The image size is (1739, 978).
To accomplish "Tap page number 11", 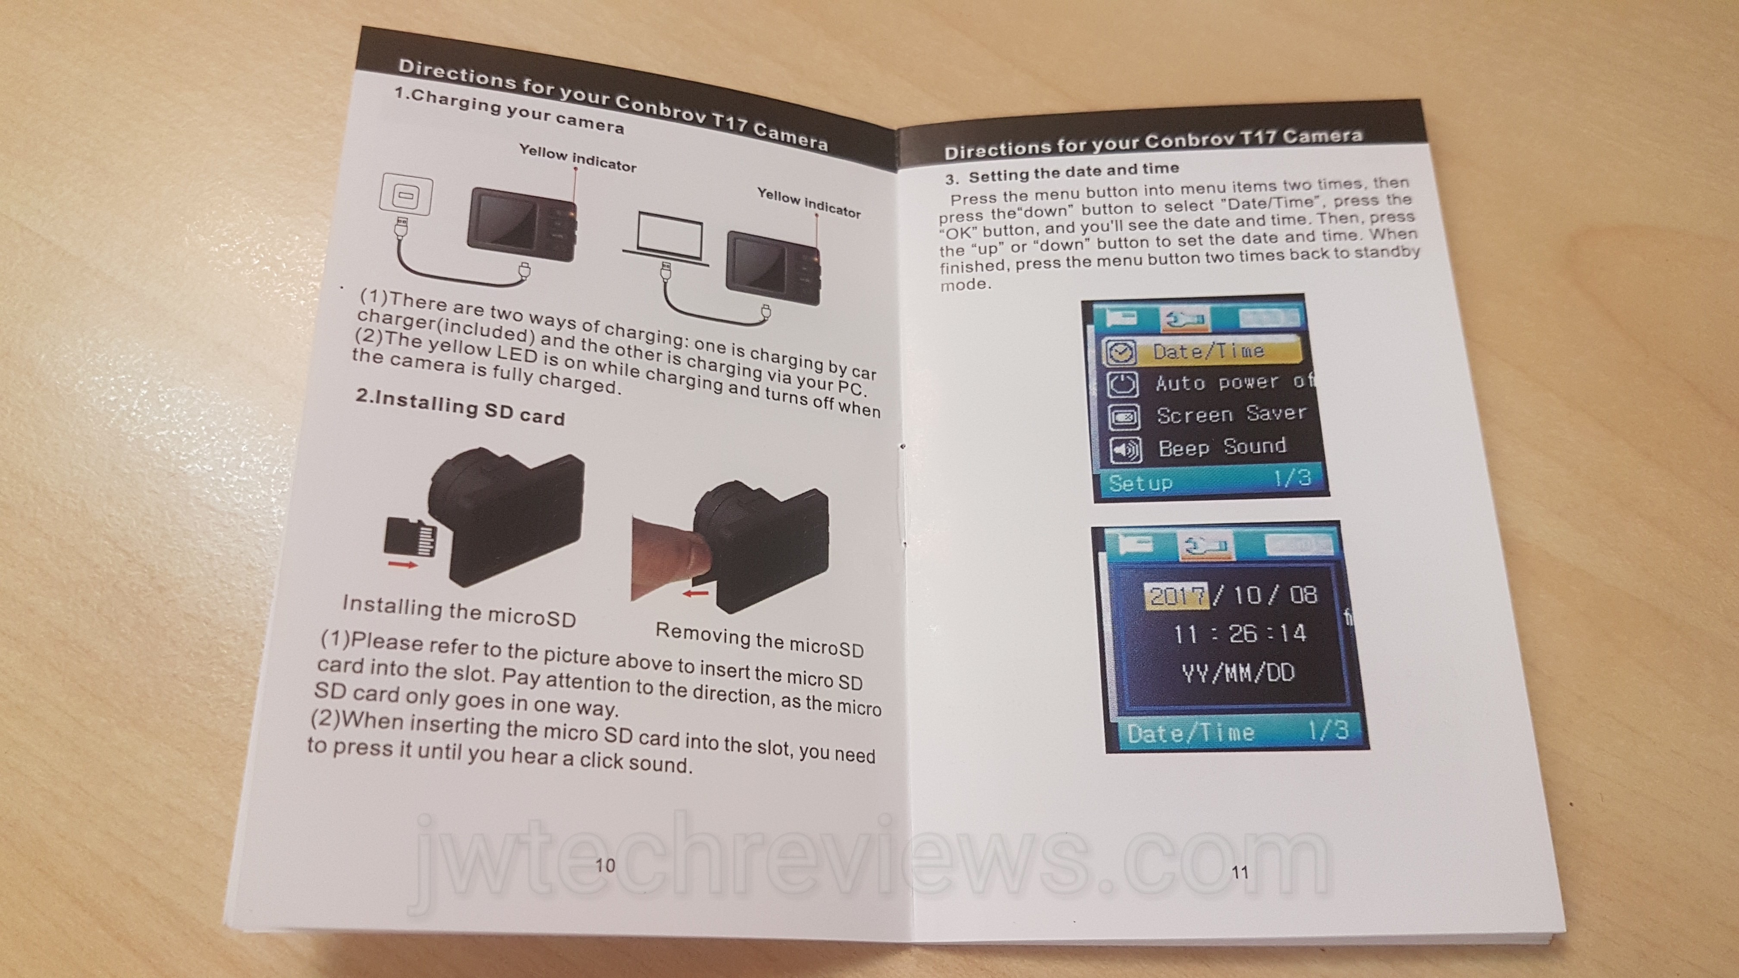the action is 1240,872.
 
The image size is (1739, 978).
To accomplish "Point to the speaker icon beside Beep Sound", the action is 1124,449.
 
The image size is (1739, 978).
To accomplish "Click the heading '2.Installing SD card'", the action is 460,407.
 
